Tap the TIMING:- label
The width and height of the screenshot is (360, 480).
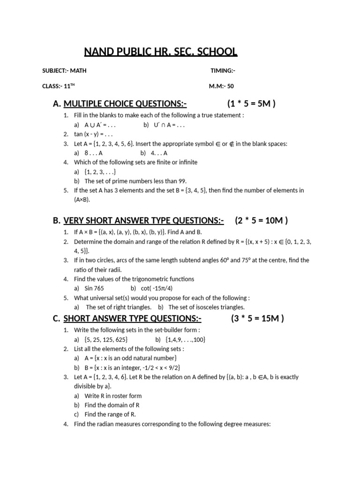(223, 71)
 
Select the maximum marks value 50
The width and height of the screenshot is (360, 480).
(231, 86)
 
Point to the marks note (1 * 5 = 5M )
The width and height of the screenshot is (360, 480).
(251, 104)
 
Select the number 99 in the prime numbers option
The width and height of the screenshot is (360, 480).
(181, 181)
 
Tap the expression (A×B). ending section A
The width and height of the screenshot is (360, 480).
(82, 200)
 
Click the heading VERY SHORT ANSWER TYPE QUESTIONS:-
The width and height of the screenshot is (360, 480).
(143, 220)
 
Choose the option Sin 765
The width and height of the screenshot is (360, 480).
(94, 288)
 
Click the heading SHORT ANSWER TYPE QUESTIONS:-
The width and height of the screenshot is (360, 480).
(132, 319)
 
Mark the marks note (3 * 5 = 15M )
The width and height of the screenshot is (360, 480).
(257, 319)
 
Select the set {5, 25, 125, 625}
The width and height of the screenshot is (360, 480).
(106, 339)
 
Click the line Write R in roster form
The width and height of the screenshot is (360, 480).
(113, 396)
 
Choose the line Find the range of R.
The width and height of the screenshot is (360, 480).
(110, 414)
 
